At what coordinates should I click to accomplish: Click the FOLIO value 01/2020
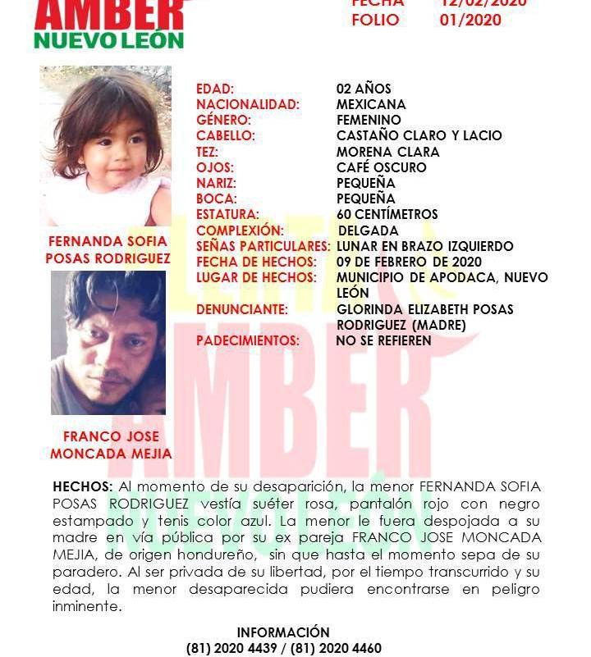pyautogui.click(x=470, y=20)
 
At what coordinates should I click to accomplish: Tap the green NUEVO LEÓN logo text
pyautogui.click(x=109, y=39)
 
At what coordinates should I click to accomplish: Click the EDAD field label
pyautogui.click(x=215, y=89)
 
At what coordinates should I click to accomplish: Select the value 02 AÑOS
pyautogui.click(x=364, y=89)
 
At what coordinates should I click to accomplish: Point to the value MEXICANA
pyautogui.click(x=371, y=104)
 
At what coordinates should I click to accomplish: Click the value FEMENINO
pyautogui.click(x=369, y=120)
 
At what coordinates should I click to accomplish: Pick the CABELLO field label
pyautogui.click(x=226, y=135)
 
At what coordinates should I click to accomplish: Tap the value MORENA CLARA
pyautogui.click(x=387, y=152)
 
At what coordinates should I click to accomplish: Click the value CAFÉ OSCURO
pyautogui.click(x=381, y=167)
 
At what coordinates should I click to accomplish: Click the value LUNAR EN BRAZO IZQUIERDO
pyautogui.click(x=425, y=246)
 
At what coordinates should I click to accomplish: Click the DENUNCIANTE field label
pyautogui.click(x=242, y=309)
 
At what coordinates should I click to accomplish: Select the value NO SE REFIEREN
pyautogui.click(x=383, y=340)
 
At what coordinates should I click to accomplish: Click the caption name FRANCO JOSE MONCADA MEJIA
pyautogui.click(x=111, y=445)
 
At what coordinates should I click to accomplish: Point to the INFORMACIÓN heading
pyautogui.click(x=283, y=632)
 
